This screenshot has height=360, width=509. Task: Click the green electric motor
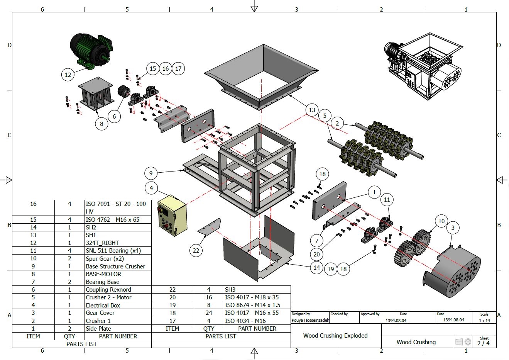90,50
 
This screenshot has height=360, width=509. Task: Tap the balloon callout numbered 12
68,75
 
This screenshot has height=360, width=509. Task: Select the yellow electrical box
172,215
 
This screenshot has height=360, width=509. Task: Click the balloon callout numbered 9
151,173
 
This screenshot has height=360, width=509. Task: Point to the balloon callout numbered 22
196,250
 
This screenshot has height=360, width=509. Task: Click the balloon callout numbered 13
312,110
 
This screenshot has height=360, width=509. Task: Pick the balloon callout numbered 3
453,228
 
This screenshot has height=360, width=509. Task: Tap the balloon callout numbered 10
441,221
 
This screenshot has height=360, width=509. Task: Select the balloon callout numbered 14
316,267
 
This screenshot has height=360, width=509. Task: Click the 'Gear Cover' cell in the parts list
100,313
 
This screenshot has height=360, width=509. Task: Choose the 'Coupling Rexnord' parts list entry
108,290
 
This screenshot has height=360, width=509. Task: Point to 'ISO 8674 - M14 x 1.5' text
252,305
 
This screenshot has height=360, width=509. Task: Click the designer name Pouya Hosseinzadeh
310,320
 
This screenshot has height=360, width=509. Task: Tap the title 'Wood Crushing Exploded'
335,335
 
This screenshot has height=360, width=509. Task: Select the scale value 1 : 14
484,321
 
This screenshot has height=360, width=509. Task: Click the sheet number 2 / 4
484,343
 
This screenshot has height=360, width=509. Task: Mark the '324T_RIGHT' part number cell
102,243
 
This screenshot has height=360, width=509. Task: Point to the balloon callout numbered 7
317,241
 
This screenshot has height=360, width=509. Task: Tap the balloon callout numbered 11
387,200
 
